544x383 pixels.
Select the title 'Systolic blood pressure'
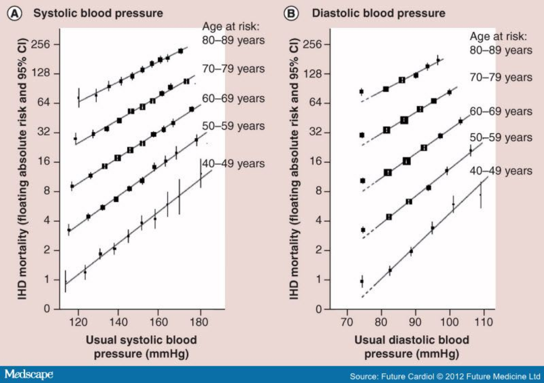pos(98,13)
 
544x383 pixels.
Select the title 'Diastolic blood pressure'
pos(378,13)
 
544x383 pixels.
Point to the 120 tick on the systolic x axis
pos(78,322)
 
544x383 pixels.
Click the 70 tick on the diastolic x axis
pos(347,322)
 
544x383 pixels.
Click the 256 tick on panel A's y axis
pos(40,44)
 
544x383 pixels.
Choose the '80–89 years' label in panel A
pos(233,40)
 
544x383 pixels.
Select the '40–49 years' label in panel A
pos(233,164)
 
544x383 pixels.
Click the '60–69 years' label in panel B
pos(501,111)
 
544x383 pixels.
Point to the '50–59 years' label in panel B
pos(501,137)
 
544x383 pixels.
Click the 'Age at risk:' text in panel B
pos(498,36)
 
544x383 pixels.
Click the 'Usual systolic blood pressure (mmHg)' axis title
pos(141,347)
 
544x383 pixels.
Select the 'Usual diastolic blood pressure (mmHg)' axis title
pos(411,347)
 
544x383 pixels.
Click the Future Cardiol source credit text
pos(444,376)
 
